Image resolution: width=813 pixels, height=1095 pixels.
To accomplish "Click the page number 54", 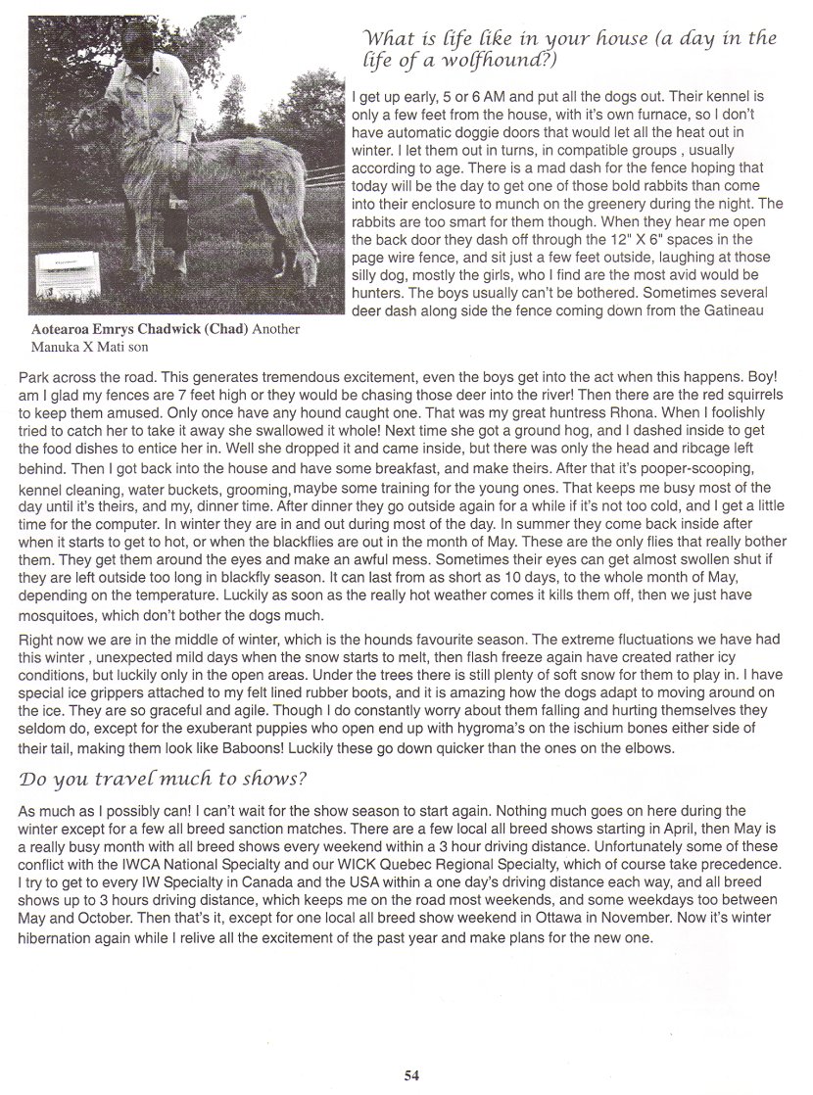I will [411, 1074].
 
